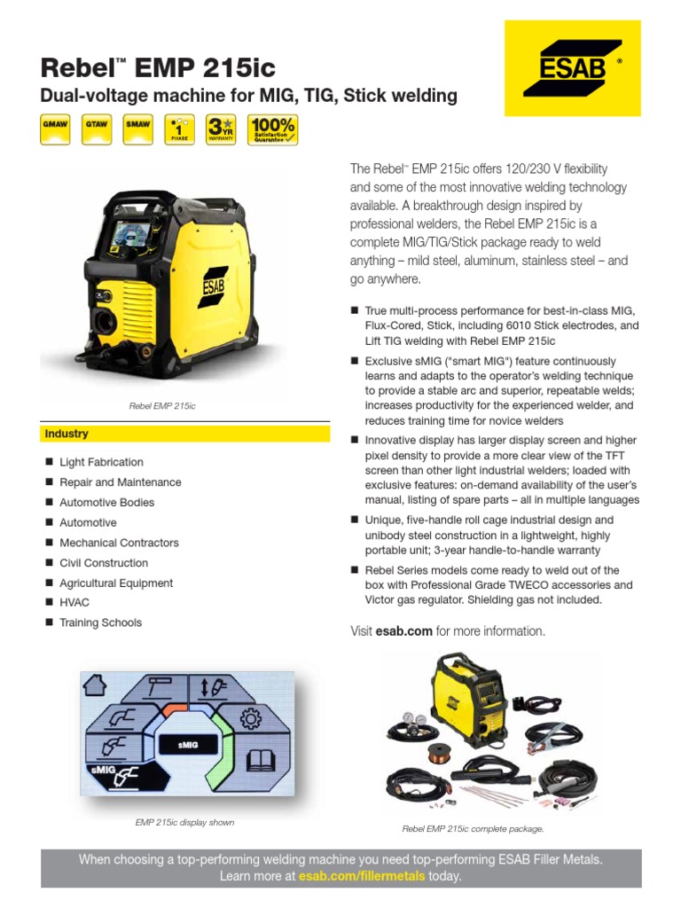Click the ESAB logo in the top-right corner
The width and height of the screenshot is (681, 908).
coord(572,67)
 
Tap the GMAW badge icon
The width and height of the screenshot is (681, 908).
coord(58,129)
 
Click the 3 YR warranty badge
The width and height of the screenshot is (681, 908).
coord(221,129)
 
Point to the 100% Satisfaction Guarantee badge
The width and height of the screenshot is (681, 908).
coord(272,129)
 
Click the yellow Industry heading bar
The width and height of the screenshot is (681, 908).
coord(185,434)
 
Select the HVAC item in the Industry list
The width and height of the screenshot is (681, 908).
coord(74,603)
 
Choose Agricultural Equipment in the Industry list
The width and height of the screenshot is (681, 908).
coord(115,583)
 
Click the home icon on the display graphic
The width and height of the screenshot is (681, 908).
coord(95,685)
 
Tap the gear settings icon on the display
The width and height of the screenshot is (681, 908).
coord(251,717)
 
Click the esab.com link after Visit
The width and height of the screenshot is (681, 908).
coord(404,631)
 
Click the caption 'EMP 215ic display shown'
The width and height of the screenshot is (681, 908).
coord(184,823)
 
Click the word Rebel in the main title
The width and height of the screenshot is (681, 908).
coord(73,67)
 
